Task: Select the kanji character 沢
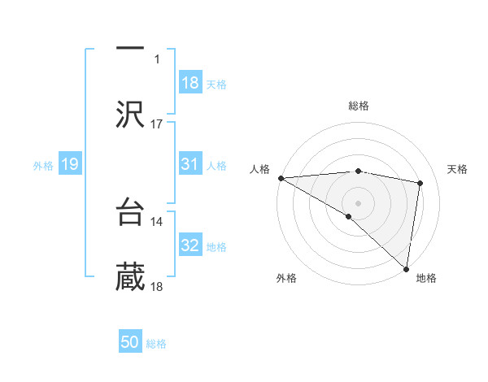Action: click(x=130, y=114)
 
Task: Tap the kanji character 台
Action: click(x=130, y=211)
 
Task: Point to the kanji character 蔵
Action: click(x=130, y=276)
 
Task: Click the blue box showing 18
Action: click(x=190, y=83)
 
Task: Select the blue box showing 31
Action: click(x=190, y=164)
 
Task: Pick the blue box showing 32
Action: click(x=190, y=245)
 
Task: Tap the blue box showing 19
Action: click(x=69, y=164)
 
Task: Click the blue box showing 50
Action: click(x=130, y=342)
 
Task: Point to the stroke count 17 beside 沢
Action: click(x=157, y=124)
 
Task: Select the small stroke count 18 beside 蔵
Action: click(x=157, y=286)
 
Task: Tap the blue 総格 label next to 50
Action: click(x=157, y=344)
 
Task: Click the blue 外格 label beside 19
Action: click(x=43, y=166)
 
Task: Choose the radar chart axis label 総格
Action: click(x=359, y=106)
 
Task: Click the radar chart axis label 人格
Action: click(x=260, y=169)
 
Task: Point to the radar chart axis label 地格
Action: click(x=426, y=279)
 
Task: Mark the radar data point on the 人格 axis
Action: click(x=281, y=178)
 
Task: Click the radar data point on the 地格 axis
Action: click(x=407, y=268)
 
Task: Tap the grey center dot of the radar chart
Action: click(x=358, y=202)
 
